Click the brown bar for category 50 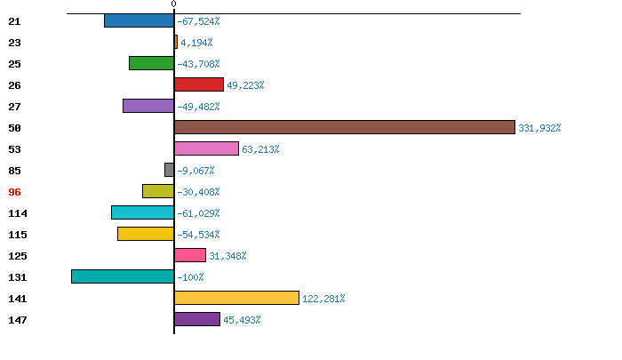pyautogui.click(x=344, y=127)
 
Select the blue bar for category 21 pyautogui.click(x=139, y=20)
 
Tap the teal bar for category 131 pyautogui.click(x=123, y=276)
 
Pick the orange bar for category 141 pyautogui.click(x=236, y=298)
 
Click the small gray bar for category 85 pyautogui.click(x=169, y=170)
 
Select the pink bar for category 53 pyautogui.click(x=206, y=148)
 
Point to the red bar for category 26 pyautogui.click(x=198, y=84)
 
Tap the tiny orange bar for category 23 pyautogui.click(x=176, y=42)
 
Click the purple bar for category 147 pyautogui.click(x=196, y=319)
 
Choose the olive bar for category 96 pyautogui.click(x=158, y=191)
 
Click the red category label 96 pyautogui.click(x=14, y=192)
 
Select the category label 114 pyautogui.click(x=18, y=213)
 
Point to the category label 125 pyautogui.click(x=18, y=256)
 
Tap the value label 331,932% pyautogui.click(x=539, y=128)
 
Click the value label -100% pyautogui.click(x=190, y=277)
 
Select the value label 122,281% pyautogui.click(x=323, y=299)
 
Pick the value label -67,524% pyautogui.click(x=198, y=21)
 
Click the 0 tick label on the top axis pyautogui.click(x=173, y=4)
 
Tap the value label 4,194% pyautogui.click(x=196, y=43)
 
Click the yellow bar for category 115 pyautogui.click(x=146, y=234)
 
